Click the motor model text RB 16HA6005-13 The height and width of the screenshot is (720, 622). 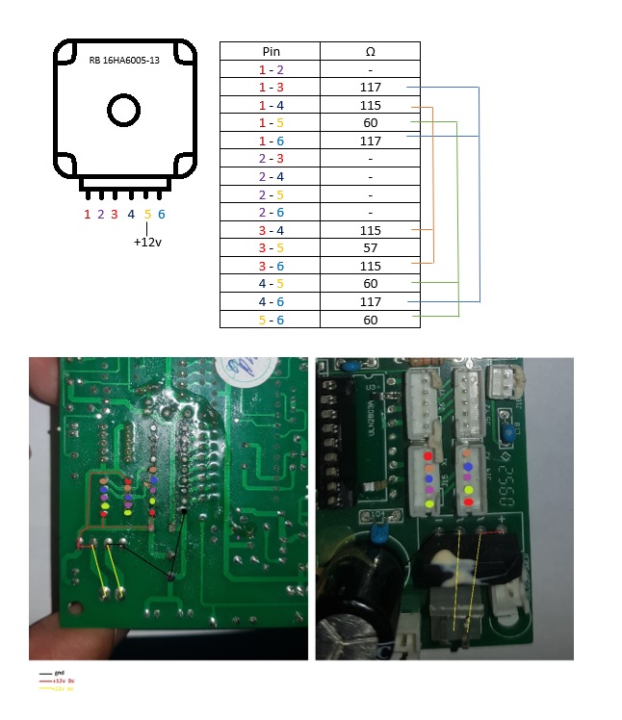[124, 60]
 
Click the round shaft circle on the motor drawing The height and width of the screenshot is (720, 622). [124, 111]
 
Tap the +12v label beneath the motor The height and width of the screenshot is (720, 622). [147, 243]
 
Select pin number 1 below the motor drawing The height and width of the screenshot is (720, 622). [88, 215]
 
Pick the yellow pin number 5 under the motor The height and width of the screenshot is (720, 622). [147, 215]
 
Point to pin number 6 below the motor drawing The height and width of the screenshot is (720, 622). [162, 215]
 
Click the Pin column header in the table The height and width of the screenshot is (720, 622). [270, 51]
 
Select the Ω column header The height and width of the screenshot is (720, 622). [371, 51]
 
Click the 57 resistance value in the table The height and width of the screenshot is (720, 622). [371, 248]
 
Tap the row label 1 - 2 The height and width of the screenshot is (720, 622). [270, 69]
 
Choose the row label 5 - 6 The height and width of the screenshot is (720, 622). [270, 320]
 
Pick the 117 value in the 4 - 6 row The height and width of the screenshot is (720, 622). [371, 302]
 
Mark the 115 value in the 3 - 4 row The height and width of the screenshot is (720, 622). [371, 231]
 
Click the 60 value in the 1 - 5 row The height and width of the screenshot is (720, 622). [371, 123]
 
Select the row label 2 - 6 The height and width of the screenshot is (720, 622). [270, 213]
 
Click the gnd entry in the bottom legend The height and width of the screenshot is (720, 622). [59, 673]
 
